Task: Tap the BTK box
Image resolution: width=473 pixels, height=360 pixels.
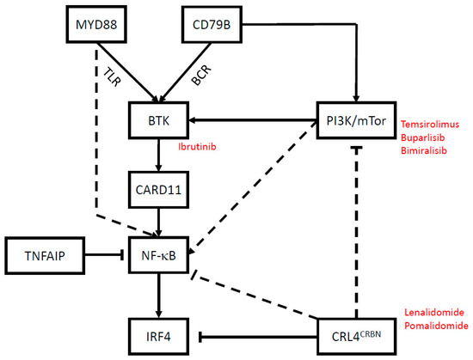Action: click(x=157, y=122)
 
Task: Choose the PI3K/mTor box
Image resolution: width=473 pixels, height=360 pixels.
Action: click(x=353, y=122)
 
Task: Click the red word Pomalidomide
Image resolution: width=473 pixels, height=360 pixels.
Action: click(x=436, y=327)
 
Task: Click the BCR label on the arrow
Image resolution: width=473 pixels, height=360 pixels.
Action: click(x=200, y=76)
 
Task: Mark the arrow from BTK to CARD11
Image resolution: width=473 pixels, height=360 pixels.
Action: click(x=157, y=156)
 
